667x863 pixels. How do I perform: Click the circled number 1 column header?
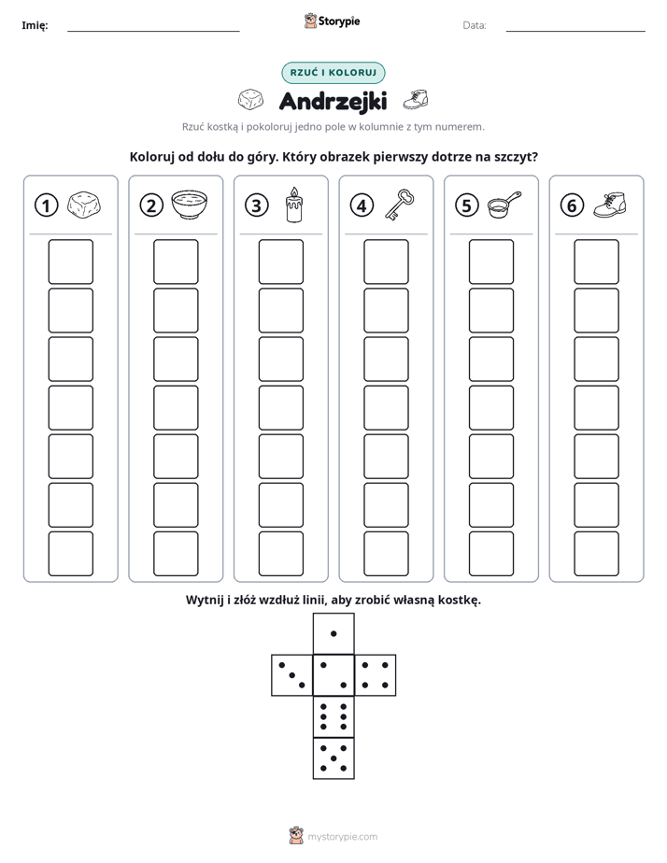[46, 205]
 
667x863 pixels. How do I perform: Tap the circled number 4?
[362, 205]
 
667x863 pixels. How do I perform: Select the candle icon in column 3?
[294, 205]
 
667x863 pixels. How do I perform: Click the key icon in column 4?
[400, 205]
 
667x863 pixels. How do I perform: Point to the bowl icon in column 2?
[190, 205]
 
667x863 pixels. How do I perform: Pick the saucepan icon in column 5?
[504, 205]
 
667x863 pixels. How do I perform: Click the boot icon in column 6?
[610, 205]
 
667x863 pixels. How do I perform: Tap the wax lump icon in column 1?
[84, 205]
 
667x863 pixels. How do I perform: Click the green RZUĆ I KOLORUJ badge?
[333, 73]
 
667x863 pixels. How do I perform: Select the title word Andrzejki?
[333, 101]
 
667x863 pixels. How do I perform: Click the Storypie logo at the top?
[333, 21]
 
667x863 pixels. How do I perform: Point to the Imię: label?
[35, 25]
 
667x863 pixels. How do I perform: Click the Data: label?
[475, 25]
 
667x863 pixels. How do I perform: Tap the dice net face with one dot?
[333, 633]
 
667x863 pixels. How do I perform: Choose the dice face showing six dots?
[333, 716]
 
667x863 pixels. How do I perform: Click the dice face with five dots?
[333, 758]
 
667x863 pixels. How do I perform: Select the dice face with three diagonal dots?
[292, 675]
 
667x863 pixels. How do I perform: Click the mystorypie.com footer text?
[342, 837]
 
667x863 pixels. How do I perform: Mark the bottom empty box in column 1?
[70, 554]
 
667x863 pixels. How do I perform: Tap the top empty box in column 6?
[597, 262]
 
